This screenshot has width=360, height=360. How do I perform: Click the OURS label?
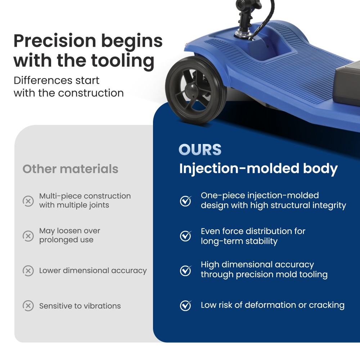click(200, 150)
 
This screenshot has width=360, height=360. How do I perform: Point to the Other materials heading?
click(70, 169)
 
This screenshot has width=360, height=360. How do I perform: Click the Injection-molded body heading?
click(258, 168)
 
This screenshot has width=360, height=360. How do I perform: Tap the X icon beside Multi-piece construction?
click(28, 201)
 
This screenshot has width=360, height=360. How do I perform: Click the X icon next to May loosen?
click(28, 236)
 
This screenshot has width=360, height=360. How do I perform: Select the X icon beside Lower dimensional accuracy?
click(28, 271)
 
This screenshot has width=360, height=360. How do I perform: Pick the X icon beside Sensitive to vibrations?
click(28, 306)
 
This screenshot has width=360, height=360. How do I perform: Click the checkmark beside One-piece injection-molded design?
click(185, 201)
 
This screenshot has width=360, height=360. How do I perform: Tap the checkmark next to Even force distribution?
click(185, 236)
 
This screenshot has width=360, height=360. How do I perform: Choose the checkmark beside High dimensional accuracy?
click(185, 270)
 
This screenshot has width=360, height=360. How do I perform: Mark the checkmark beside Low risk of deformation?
click(185, 306)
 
